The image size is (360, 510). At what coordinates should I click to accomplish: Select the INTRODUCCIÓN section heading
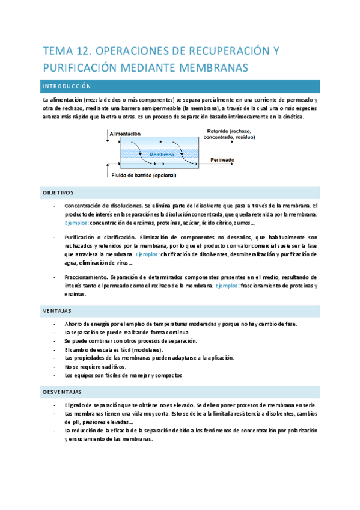pyautogui.click(x=67, y=87)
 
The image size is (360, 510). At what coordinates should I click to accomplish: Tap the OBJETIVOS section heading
pyautogui.click(x=58, y=192)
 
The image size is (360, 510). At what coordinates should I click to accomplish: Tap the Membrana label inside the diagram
pyautogui.click(x=161, y=155)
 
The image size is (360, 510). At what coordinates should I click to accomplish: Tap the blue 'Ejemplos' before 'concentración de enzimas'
pyautogui.click(x=76, y=223)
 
